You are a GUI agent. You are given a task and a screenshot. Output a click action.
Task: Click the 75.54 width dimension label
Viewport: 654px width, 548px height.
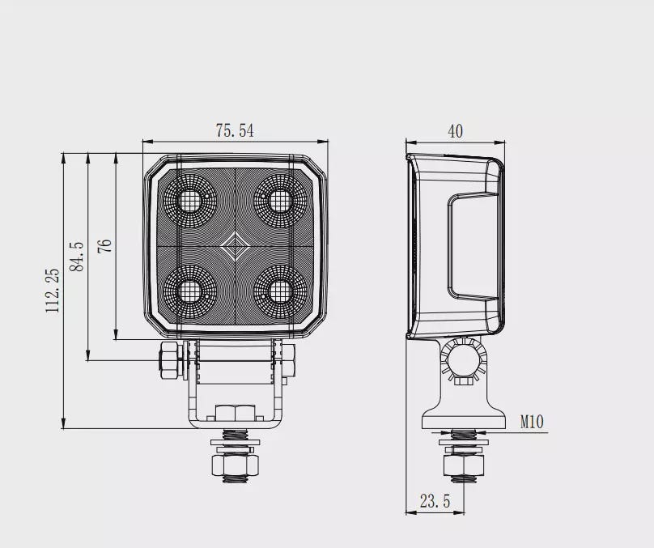click(x=235, y=130)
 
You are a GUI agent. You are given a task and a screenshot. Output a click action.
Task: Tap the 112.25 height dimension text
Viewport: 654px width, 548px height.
click(x=53, y=291)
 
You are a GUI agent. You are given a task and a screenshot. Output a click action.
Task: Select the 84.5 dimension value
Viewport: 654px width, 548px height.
click(x=77, y=257)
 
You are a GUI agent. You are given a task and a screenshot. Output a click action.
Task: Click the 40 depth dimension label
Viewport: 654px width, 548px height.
click(x=455, y=131)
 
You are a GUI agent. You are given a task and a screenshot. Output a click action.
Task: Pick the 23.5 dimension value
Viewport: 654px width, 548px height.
click(x=435, y=501)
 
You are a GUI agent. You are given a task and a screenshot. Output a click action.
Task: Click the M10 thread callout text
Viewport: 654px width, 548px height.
click(x=533, y=422)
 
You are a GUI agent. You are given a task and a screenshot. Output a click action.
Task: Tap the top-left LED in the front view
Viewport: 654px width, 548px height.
click(x=189, y=201)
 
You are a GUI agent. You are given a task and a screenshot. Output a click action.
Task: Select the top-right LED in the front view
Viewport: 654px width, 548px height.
click(x=280, y=201)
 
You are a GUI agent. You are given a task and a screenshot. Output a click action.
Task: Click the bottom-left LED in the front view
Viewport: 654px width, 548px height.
click(x=189, y=291)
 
